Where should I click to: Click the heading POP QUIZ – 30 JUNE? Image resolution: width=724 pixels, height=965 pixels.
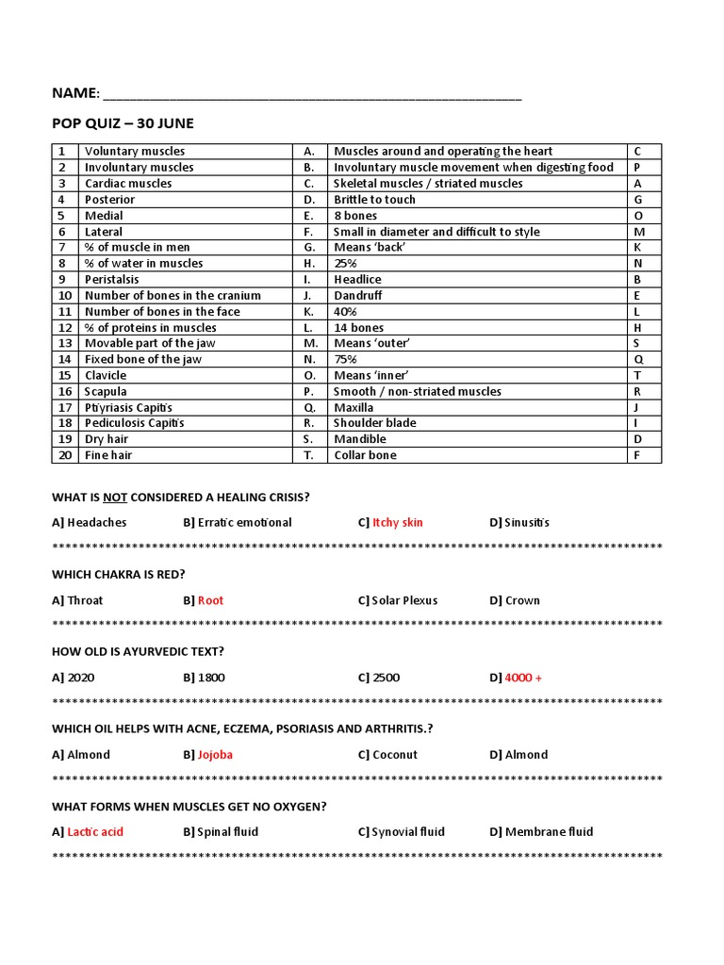(x=122, y=123)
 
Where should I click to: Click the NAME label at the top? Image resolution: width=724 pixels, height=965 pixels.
(x=74, y=92)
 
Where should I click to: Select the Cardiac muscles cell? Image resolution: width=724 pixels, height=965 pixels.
(x=128, y=184)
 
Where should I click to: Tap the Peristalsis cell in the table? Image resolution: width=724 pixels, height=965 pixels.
(x=114, y=280)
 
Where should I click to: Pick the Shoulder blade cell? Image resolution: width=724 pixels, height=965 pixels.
(x=374, y=423)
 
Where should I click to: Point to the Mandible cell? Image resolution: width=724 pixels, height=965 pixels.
(x=360, y=439)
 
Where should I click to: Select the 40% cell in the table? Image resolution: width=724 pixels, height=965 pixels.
(x=345, y=311)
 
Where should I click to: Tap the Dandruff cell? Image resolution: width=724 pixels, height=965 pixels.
(x=358, y=295)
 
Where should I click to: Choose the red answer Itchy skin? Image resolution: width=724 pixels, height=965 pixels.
(x=398, y=522)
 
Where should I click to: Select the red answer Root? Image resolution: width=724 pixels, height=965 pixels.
(x=210, y=600)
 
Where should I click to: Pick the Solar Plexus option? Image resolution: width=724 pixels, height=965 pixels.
(x=404, y=600)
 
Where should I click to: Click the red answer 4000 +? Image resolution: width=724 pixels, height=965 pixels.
(x=523, y=678)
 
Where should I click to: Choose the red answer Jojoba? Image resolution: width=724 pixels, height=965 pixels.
(x=215, y=755)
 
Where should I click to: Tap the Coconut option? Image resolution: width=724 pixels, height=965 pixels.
(x=394, y=755)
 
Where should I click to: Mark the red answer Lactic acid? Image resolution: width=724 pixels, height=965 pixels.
(x=95, y=832)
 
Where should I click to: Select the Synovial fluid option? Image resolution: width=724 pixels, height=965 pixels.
(x=407, y=832)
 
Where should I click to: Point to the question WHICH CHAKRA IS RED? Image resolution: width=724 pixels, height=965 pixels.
(x=119, y=574)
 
